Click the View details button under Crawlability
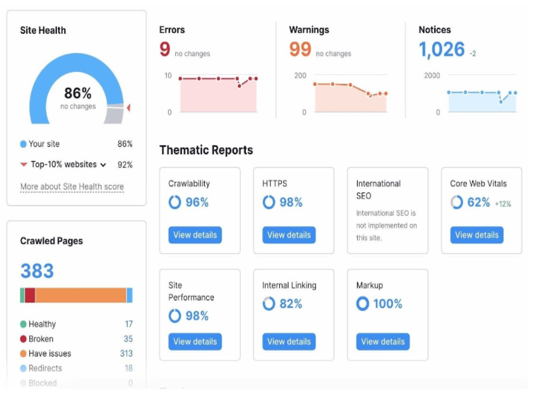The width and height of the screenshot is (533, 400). pos(195,235)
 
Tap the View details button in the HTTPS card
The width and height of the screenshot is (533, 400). pos(289,235)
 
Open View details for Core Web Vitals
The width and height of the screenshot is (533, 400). pos(477,235)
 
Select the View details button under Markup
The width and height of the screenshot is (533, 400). pos(383,341)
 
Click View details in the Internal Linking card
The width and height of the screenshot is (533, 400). pos(289,341)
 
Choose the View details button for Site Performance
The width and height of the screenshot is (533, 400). pos(195,341)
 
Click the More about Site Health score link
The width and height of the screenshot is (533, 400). pos(72,186)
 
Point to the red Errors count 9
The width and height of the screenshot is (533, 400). pos(165,49)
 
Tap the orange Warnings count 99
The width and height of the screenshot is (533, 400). pos(300,49)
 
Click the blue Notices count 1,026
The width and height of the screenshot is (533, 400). pos(441,50)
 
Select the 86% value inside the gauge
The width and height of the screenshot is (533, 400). pos(78,93)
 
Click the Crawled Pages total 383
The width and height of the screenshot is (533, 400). pos(37,271)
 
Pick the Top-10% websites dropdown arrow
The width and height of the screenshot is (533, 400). pos(103,165)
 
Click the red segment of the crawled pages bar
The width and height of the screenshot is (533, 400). pos(30,295)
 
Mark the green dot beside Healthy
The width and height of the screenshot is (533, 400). pos(23,324)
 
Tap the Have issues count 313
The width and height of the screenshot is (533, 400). pos(126,354)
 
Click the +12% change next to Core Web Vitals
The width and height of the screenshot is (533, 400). pos(503,204)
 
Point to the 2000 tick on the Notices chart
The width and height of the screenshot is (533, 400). pos(432,76)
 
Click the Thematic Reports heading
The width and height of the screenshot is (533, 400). pos(206,150)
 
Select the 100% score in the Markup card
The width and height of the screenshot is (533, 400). pos(388,304)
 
